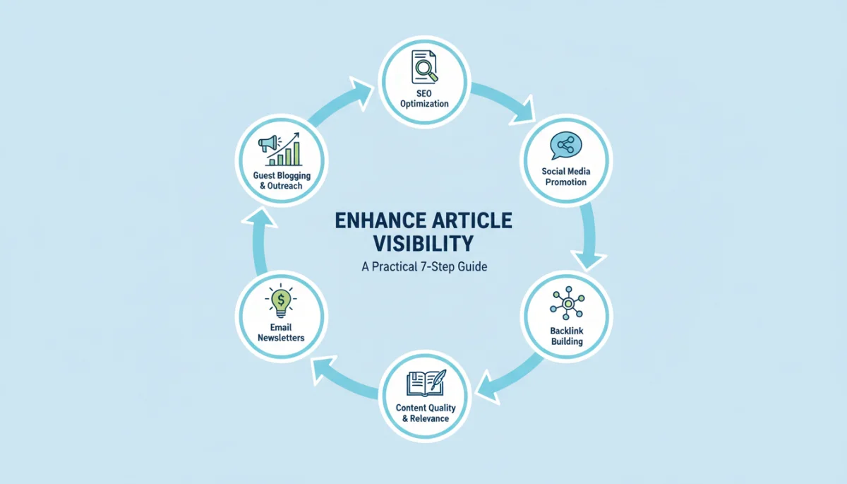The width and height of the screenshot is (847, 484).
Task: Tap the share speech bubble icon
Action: [565, 146]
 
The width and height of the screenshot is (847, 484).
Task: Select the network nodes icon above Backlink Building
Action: [567, 303]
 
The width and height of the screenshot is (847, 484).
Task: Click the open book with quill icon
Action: [426, 383]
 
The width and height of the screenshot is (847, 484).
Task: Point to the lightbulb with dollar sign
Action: [281, 301]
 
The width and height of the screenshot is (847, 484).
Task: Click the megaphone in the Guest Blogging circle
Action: [268, 144]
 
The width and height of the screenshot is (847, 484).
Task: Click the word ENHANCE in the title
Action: [383, 220]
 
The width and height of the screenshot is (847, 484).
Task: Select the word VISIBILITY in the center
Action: [423, 243]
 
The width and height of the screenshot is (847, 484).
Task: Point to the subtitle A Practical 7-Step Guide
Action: [424, 267]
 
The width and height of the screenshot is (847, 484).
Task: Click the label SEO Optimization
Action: [424, 98]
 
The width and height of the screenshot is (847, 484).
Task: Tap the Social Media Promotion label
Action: [566, 177]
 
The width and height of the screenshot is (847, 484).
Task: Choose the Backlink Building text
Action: [567, 336]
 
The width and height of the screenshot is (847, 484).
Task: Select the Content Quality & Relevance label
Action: [426, 413]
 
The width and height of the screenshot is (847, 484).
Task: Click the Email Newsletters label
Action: [281, 333]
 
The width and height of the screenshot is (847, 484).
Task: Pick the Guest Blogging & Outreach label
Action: [282, 180]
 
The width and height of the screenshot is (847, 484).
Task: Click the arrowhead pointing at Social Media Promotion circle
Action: [523, 110]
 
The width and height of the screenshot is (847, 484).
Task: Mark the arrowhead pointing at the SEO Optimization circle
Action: [361, 93]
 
